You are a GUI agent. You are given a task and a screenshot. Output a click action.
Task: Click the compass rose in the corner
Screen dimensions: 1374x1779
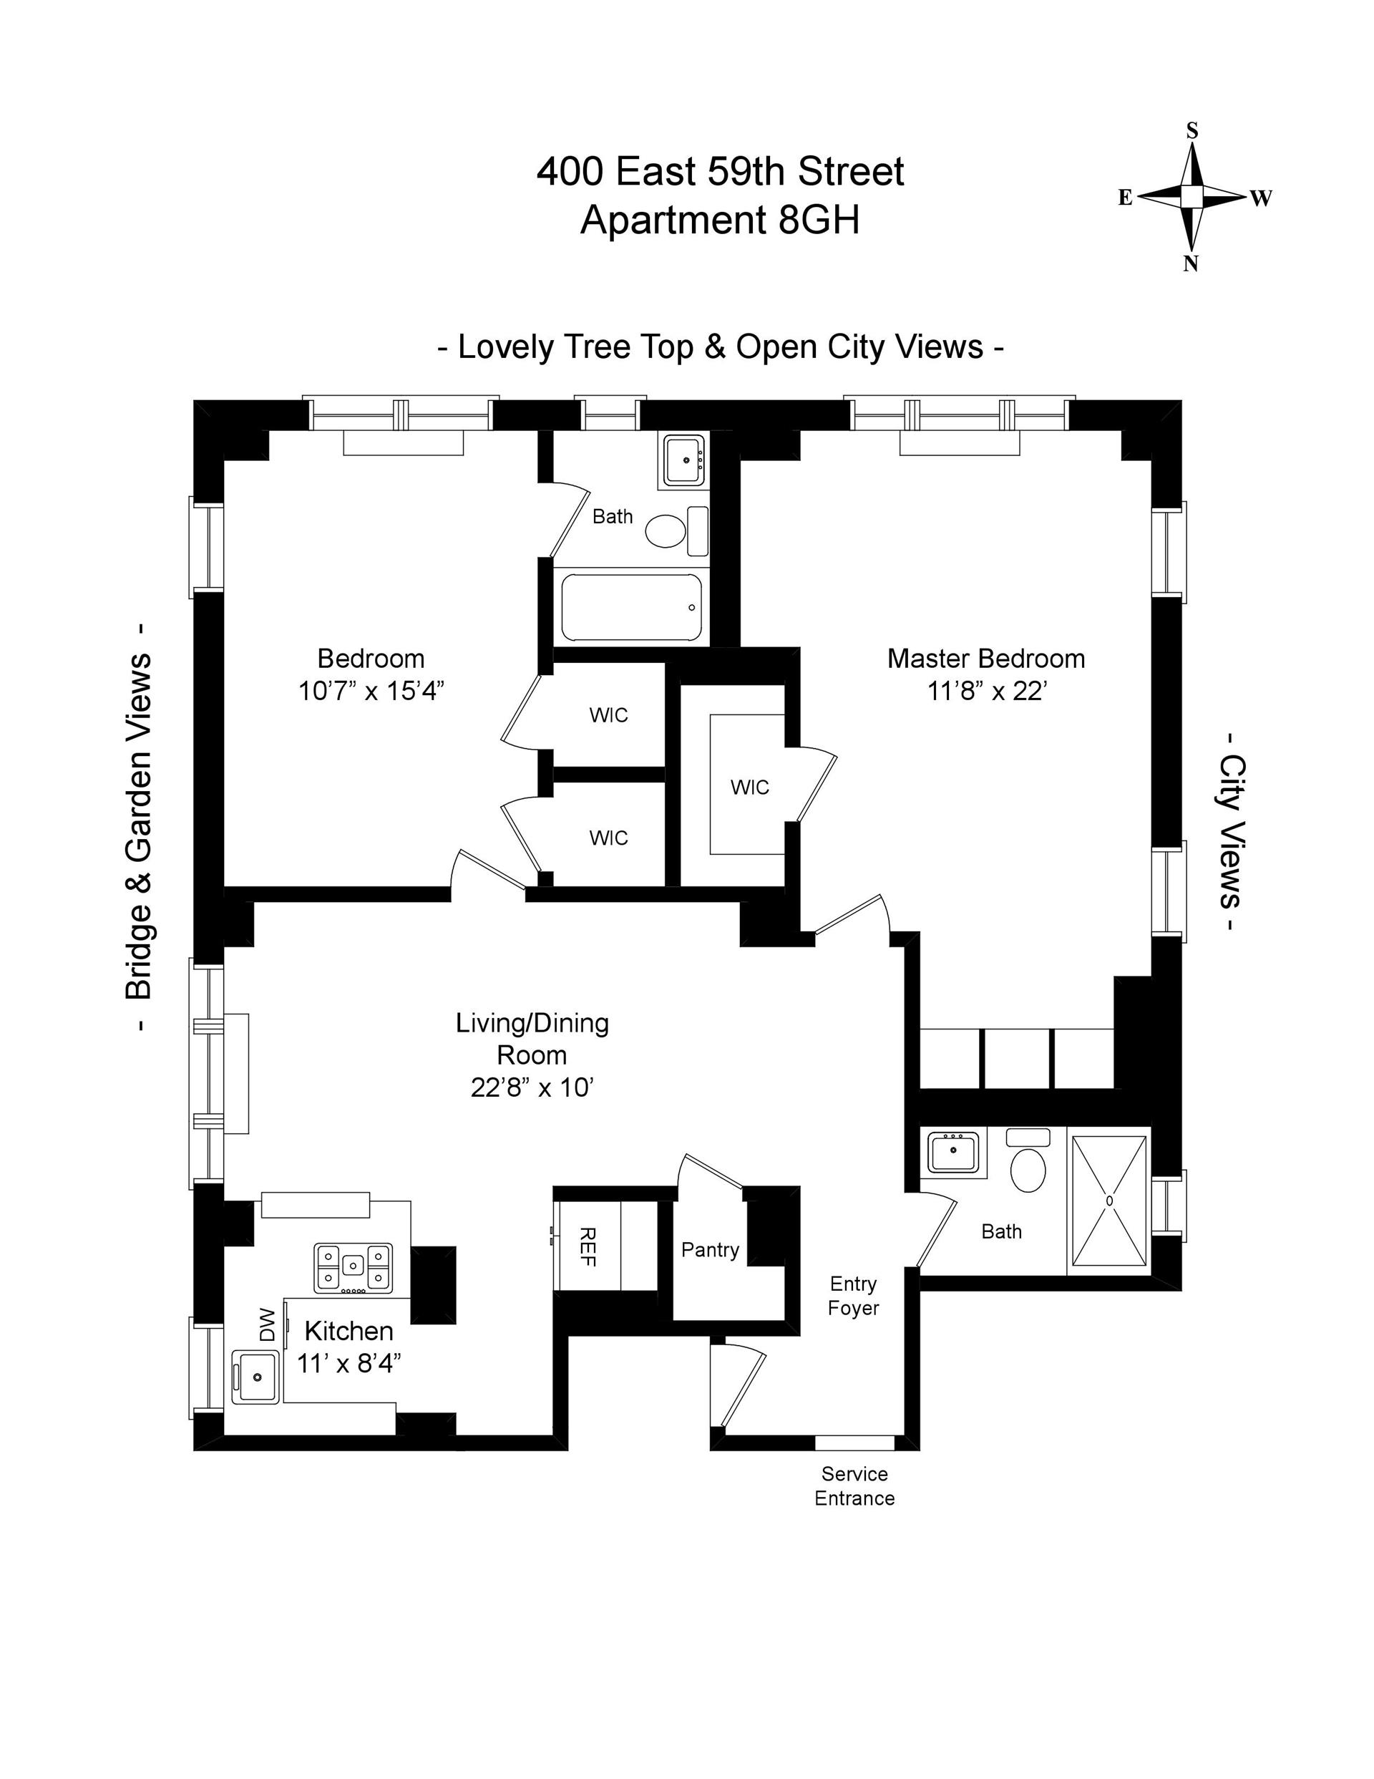[1192, 196]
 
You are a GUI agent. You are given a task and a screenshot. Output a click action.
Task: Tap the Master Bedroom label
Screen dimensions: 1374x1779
[985, 658]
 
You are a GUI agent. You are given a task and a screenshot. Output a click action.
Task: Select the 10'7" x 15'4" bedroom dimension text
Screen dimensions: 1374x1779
[371, 692]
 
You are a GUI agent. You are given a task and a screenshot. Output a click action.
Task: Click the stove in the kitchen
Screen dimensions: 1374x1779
[353, 1267]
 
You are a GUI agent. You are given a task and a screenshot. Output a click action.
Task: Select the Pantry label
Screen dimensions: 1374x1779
[710, 1249]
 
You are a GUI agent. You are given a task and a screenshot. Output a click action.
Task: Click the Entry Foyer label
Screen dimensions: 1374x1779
[853, 1296]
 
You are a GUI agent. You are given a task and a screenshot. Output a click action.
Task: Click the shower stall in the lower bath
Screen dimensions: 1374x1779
[1109, 1201]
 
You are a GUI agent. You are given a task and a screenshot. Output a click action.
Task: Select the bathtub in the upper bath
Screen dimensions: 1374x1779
[631, 608]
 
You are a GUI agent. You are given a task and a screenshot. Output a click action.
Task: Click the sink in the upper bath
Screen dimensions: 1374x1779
[686, 460]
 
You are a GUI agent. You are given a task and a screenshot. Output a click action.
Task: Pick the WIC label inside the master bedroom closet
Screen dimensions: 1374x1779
[749, 787]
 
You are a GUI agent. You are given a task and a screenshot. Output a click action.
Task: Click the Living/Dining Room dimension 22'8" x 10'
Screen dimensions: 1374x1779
[532, 1087]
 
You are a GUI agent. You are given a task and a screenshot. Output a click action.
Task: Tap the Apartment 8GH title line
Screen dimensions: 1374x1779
[720, 220]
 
